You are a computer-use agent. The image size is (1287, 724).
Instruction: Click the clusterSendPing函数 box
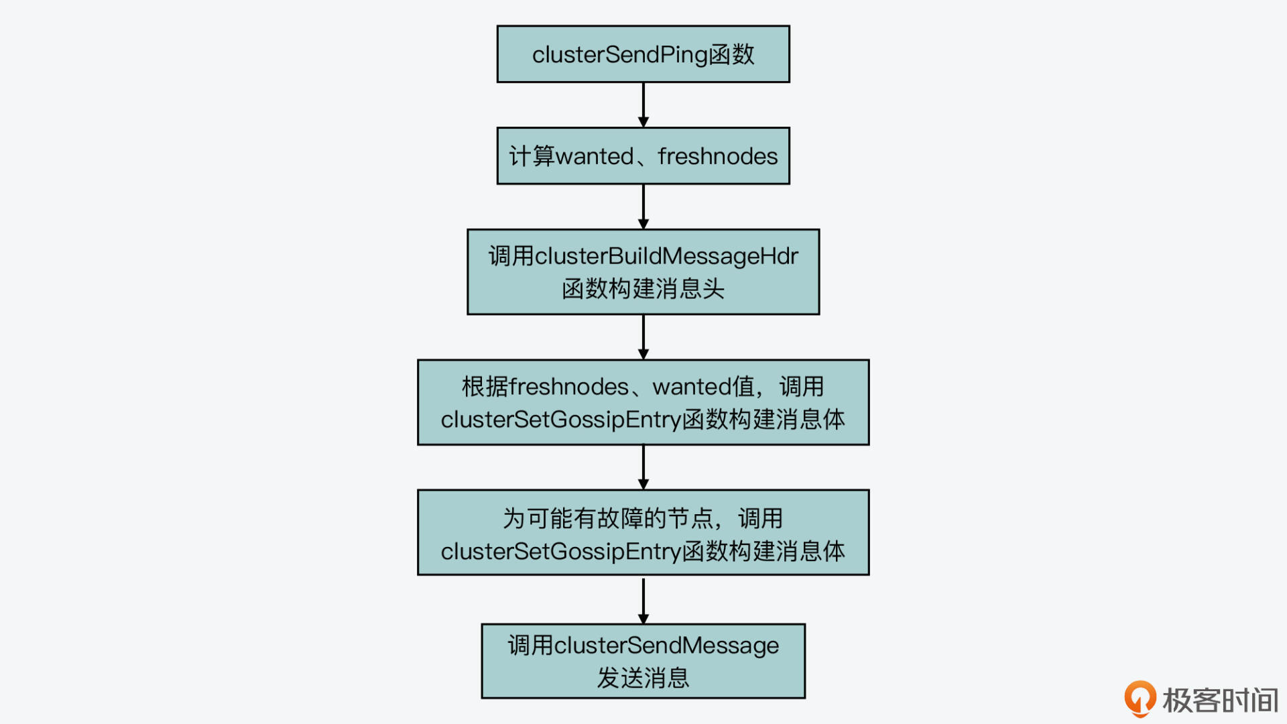643,54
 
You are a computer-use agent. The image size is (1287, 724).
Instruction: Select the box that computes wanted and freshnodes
643,156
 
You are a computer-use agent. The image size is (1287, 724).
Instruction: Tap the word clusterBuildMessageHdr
666,256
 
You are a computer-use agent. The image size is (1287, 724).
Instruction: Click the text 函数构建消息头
643,289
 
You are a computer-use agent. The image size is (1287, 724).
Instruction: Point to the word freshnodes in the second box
717,156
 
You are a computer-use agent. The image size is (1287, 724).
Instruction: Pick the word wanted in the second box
595,156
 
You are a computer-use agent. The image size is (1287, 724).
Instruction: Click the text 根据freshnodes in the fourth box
545,387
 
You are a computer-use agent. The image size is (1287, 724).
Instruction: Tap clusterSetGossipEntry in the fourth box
561,420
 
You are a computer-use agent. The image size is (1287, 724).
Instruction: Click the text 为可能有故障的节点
608,518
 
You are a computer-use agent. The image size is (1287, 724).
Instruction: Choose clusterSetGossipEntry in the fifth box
561,551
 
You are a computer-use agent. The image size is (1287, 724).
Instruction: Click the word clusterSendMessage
666,646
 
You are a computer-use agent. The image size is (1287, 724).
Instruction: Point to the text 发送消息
643,678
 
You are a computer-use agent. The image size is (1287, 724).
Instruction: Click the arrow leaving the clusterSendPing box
643,105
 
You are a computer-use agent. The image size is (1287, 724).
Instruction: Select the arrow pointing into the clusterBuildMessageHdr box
643,206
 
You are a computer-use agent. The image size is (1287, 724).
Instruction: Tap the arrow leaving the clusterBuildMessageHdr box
643,337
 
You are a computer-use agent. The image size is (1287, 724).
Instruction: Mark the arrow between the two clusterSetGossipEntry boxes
643,467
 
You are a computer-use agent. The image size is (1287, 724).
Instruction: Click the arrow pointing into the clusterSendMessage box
643,599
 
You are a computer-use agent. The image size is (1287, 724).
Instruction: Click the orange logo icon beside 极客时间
1140,699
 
